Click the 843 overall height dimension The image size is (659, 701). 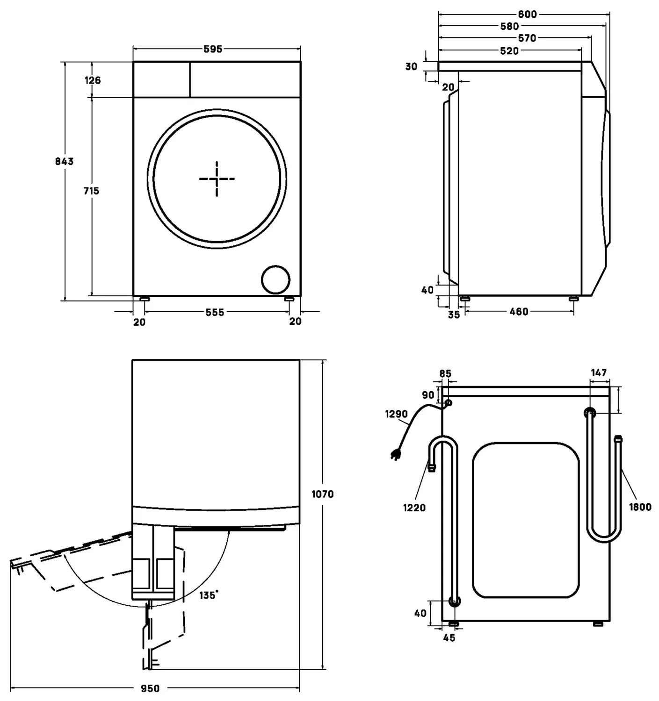click(x=65, y=161)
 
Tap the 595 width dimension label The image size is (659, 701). click(x=213, y=49)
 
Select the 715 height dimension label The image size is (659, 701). click(x=91, y=191)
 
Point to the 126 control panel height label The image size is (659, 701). click(x=93, y=80)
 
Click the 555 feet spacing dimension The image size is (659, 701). click(x=215, y=312)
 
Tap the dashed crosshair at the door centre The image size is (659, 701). click(x=217, y=179)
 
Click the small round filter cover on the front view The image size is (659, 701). click(x=275, y=280)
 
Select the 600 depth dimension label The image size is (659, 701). click(x=528, y=14)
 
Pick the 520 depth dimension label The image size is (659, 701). click(x=509, y=51)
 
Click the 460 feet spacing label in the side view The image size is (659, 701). click(x=519, y=312)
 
